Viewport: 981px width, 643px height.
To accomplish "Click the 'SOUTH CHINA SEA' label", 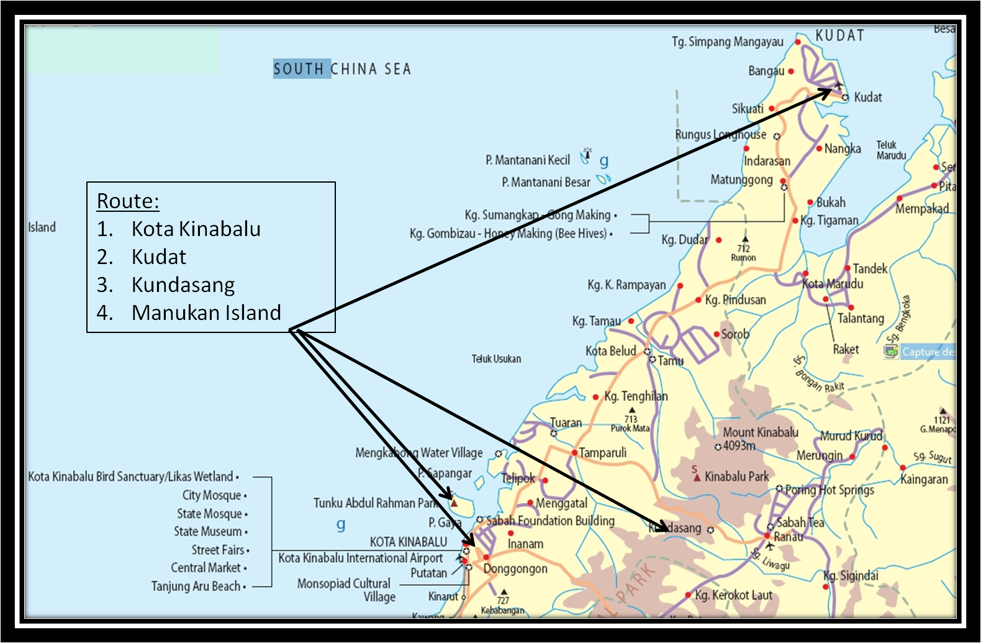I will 342,68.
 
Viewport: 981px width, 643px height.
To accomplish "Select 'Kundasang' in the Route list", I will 183,285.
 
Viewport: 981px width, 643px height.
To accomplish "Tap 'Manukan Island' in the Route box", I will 206,312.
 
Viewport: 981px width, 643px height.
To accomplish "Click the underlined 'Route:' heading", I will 128,201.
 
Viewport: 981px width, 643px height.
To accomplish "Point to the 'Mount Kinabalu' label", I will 761,432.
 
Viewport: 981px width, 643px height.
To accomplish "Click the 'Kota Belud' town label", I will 611,351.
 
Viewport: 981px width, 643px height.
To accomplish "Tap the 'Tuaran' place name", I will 566,423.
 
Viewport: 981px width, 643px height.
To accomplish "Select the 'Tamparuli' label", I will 603,453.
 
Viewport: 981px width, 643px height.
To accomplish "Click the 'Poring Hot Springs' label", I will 830,490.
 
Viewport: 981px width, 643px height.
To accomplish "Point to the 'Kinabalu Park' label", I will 737,477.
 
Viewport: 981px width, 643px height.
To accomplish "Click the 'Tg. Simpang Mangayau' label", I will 728,42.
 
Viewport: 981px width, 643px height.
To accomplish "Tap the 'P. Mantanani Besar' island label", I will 546,182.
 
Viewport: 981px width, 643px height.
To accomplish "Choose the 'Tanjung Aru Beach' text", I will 196,586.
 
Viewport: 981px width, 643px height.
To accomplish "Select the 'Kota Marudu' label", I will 833,284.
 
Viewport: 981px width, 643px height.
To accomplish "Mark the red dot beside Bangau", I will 791,71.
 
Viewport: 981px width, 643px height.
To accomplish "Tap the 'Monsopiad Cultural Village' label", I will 346,590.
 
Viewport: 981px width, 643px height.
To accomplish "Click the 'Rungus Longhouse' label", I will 721,134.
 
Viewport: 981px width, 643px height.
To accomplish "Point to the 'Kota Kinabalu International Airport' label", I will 361,558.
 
